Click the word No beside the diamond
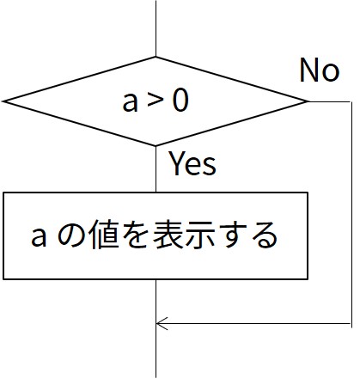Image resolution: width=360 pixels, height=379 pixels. point(320,70)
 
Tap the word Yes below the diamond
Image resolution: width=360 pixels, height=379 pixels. point(192,163)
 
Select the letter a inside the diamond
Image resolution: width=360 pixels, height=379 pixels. point(130,102)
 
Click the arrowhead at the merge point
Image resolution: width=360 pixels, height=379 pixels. point(162,324)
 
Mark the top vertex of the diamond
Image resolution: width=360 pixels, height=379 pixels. point(156,57)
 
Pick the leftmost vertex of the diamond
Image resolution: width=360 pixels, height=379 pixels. point(3,101)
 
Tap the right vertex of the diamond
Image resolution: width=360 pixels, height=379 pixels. point(308,101)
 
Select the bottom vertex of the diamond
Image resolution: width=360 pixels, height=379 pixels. point(156,145)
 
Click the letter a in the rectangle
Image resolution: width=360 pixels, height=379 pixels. point(39,237)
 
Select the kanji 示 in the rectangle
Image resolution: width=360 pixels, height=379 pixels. point(200,235)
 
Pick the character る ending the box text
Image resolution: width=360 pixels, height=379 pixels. point(266,235)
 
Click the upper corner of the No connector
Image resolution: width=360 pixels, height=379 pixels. point(351,101)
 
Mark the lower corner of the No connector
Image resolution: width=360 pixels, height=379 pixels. point(351,324)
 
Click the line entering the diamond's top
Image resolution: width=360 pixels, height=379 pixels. point(156,28)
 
